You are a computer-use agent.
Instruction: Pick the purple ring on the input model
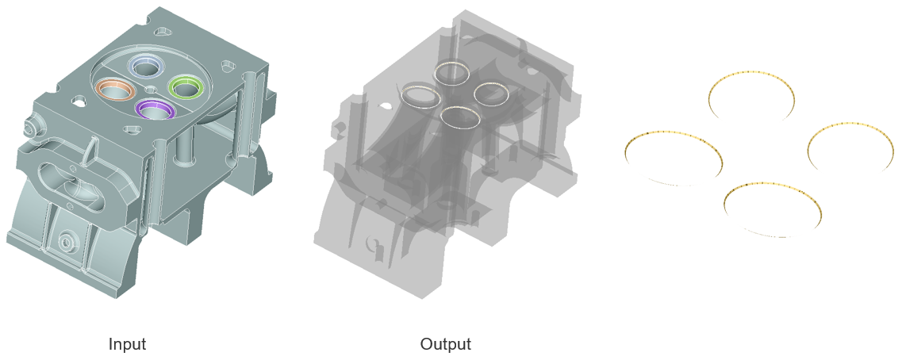[x=142, y=113]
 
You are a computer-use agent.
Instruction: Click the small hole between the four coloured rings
[x=151, y=88]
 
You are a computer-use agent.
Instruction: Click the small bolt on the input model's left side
[x=29, y=124]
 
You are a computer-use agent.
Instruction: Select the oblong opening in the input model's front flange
[x=71, y=180]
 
